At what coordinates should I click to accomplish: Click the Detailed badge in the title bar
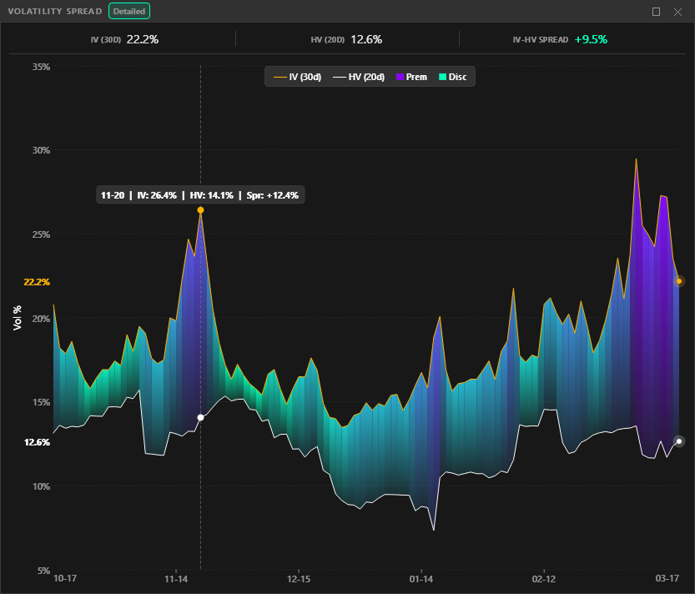129,12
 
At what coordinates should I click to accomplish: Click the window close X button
677,12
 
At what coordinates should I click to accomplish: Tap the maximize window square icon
656,12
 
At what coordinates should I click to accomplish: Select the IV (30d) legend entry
298,77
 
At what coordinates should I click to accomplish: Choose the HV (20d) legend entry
359,77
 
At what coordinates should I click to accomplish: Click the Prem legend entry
411,77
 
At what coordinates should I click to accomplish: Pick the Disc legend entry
452,77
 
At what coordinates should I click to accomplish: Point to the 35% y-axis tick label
40,66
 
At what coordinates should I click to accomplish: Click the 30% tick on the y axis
40,150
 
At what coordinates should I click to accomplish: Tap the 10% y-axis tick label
40,486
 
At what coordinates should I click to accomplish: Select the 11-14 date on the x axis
176,578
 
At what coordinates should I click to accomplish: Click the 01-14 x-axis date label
421,578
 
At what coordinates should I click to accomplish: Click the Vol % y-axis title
18,318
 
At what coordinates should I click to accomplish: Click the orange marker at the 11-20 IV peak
200,210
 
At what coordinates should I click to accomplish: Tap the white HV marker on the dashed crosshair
200,417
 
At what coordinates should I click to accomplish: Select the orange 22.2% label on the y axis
37,282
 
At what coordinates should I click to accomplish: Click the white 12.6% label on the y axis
37,442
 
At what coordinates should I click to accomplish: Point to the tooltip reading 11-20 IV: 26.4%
199,195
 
